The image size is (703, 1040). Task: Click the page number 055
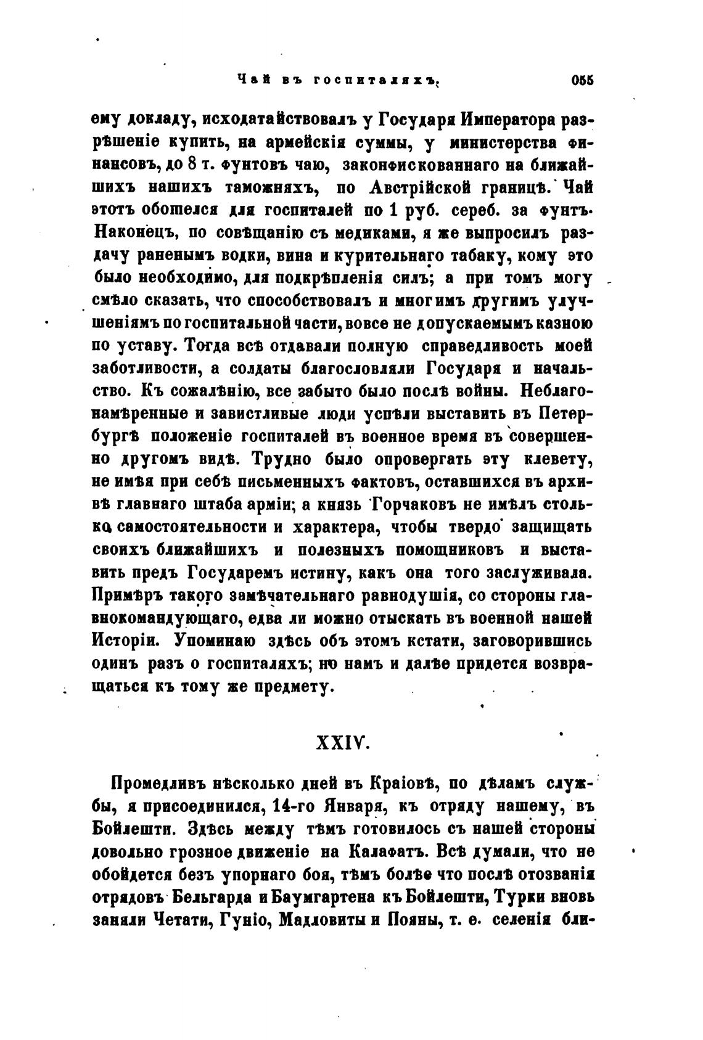pyautogui.click(x=582, y=80)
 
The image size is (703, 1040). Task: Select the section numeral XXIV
pyautogui.click(x=342, y=743)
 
